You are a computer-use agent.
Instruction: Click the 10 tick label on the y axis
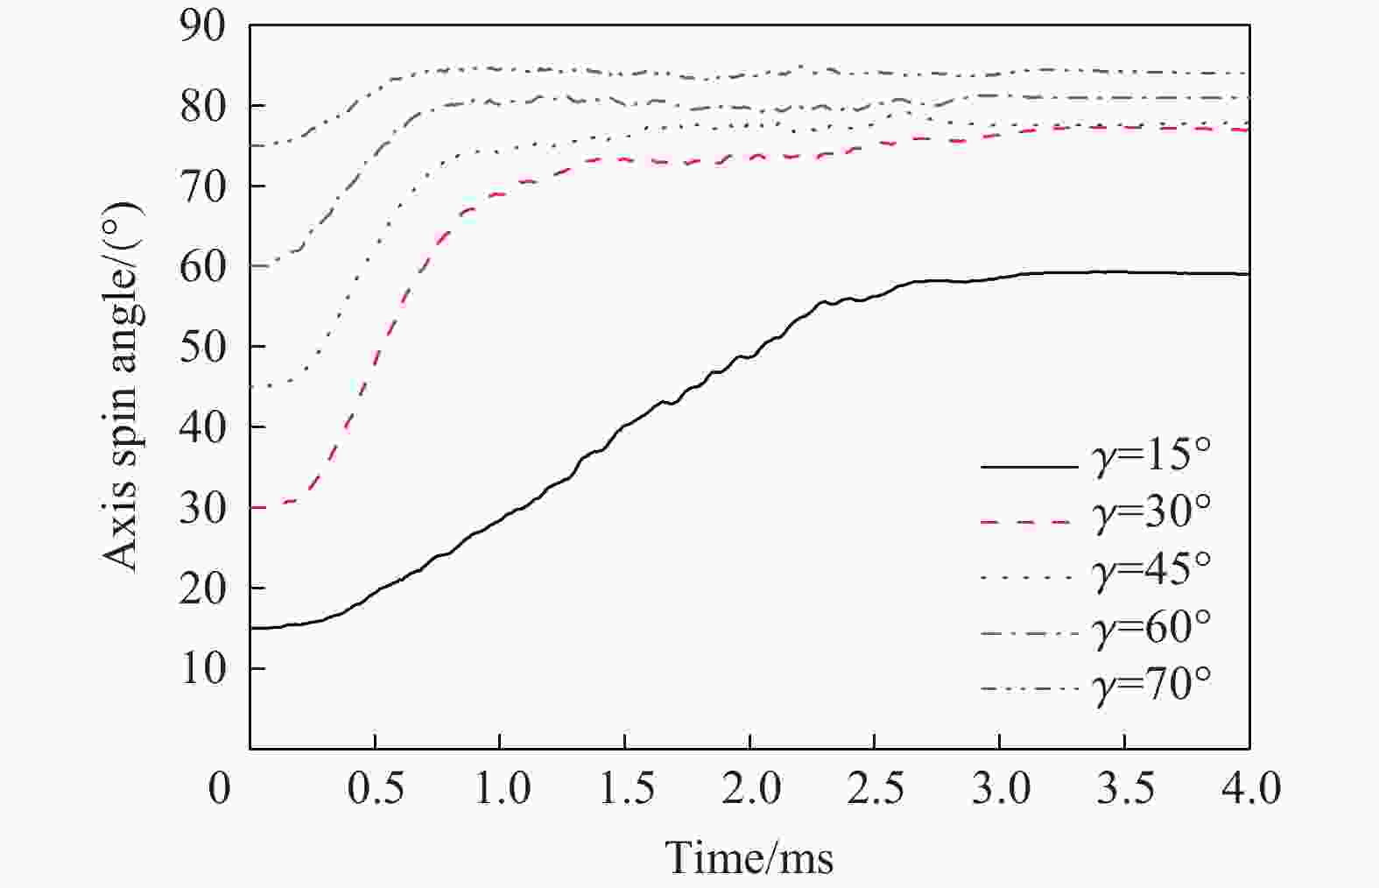tap(202, 669)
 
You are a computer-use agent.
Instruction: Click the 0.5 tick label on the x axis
tap(376, 789)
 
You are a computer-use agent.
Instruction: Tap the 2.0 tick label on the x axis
tap(750, 789)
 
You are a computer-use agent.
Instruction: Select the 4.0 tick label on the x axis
tap(1249, 789)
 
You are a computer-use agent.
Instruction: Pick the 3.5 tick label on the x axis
tap(1125, 789)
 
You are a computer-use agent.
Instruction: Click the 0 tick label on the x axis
tap(220, 789)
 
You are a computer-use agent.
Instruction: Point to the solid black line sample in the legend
tap(1028, 466)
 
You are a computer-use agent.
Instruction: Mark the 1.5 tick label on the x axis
tap(625, 789)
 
